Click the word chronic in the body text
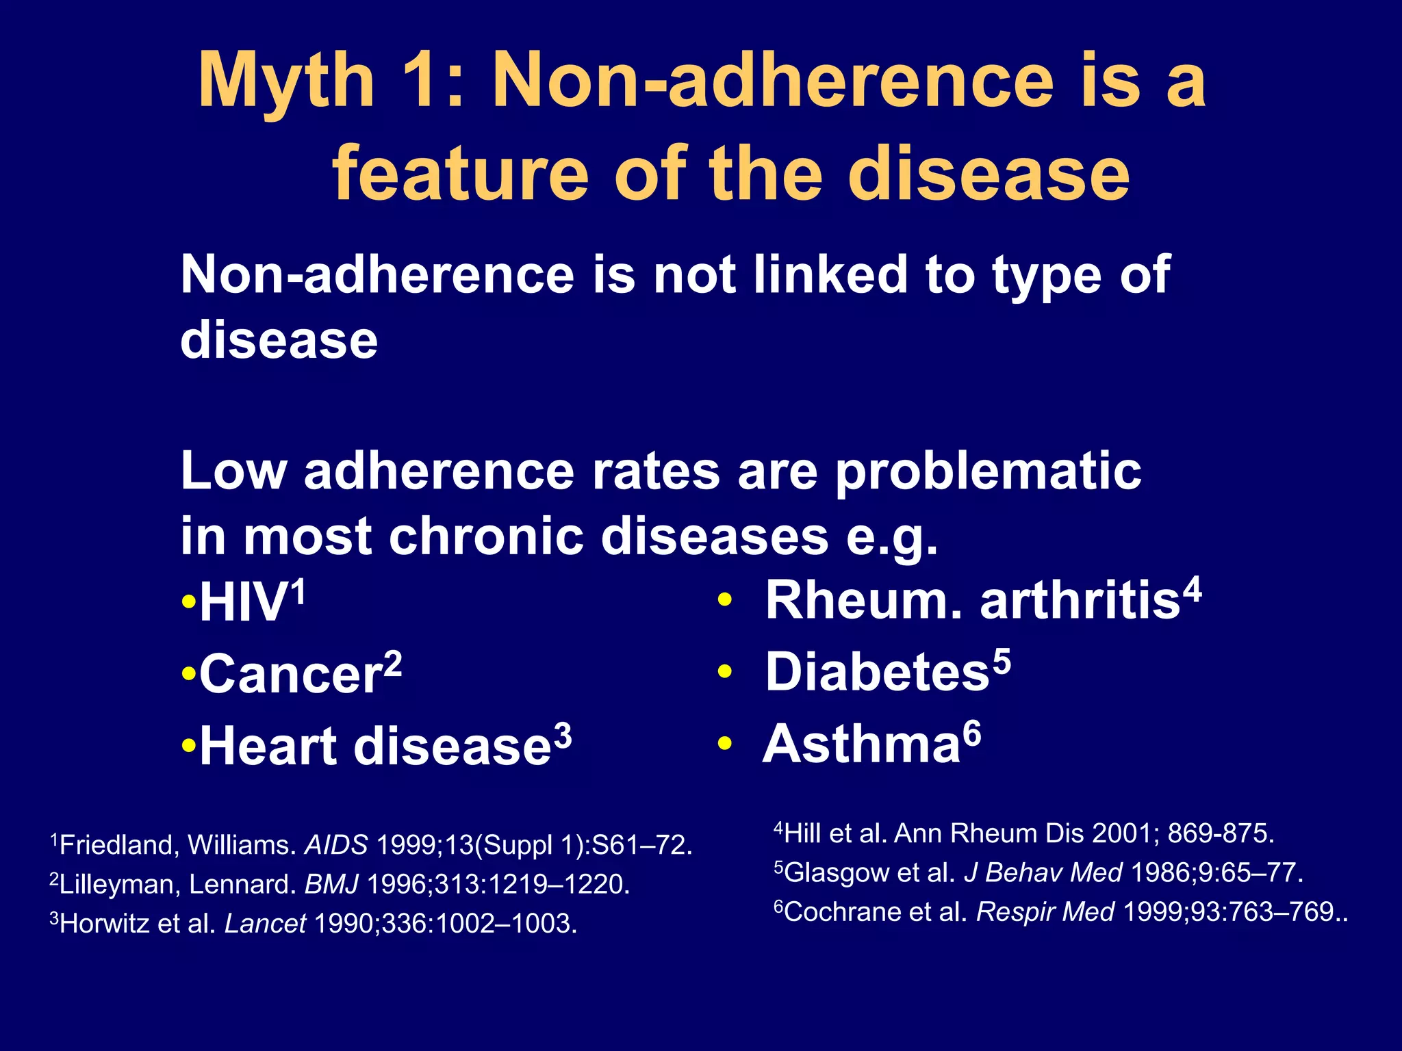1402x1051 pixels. (485, 536)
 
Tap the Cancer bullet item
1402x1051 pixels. (290, 675)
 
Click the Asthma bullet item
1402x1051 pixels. (863, 744)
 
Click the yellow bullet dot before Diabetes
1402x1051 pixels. (725, 673)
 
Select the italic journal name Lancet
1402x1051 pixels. (265, 924)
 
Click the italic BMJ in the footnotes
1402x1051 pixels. (331, 885)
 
